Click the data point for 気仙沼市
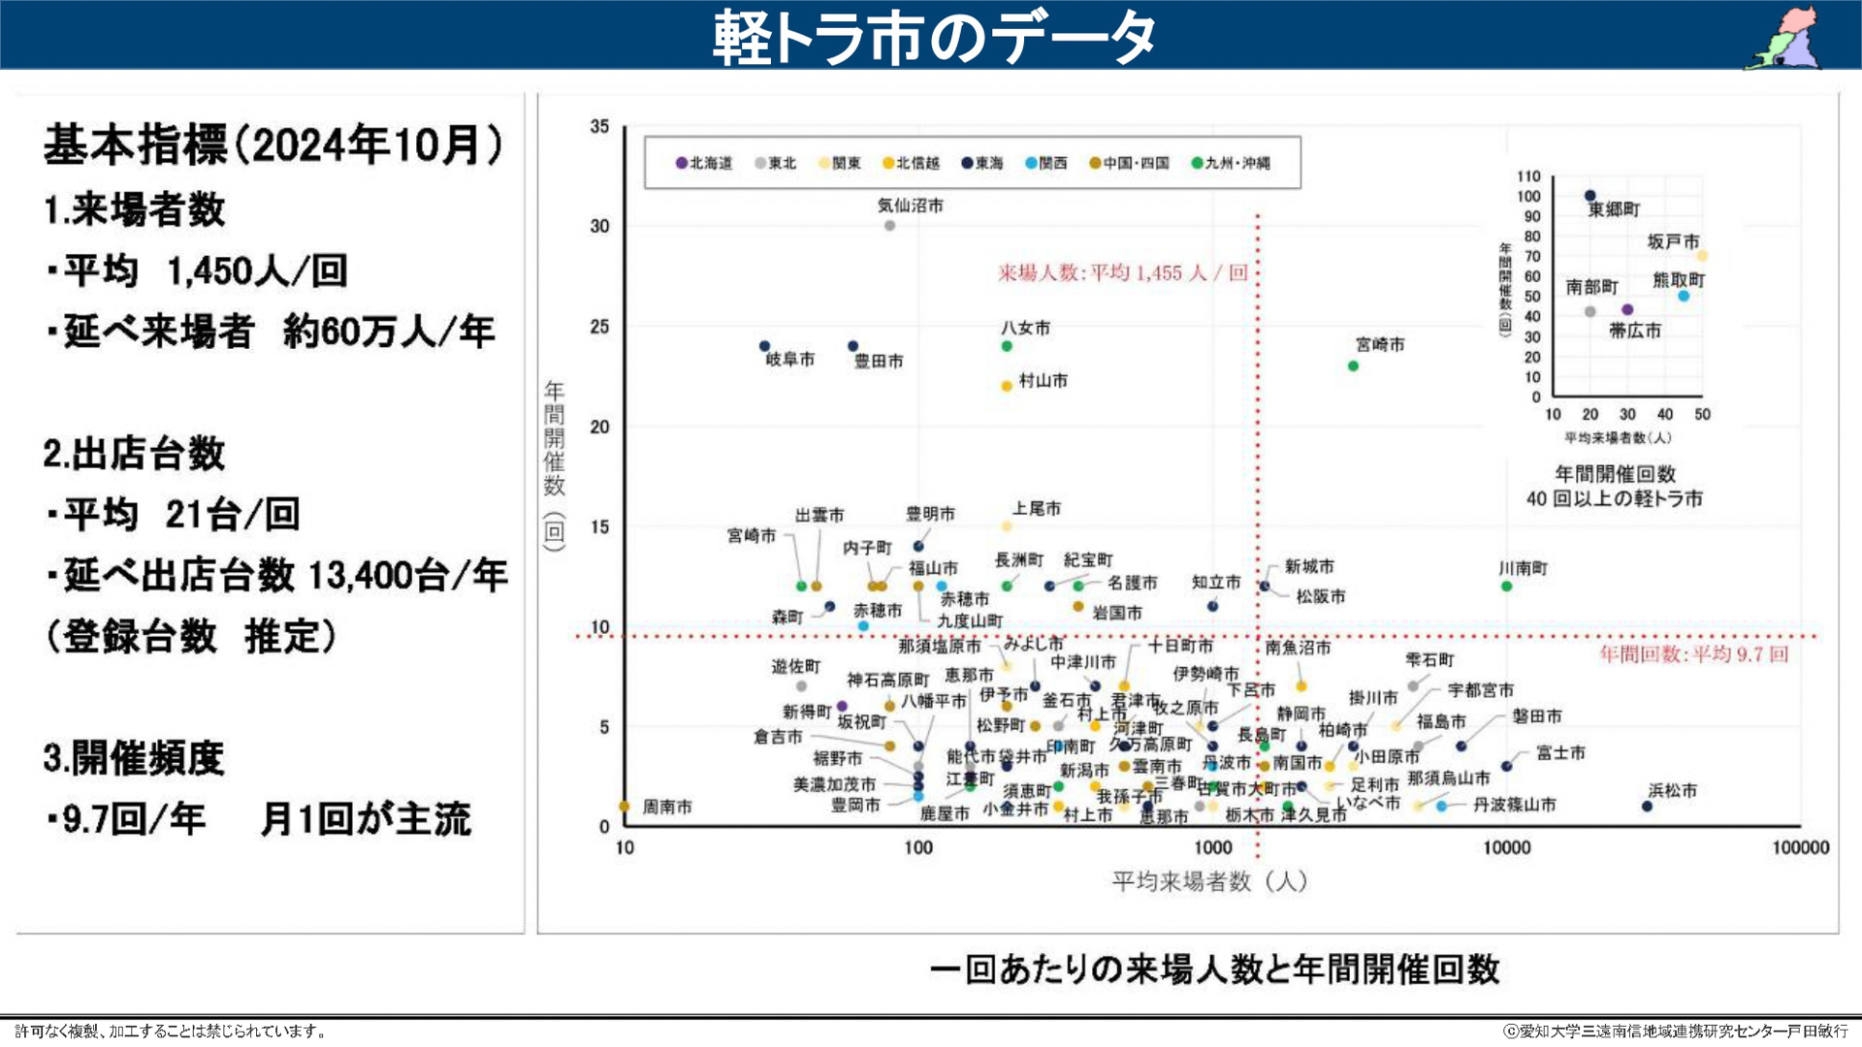click(x=889, y=226)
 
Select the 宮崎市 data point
click(x=1353, y=366)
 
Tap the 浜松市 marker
click(x=1647, y=807)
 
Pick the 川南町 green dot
click(x=1506, y=587)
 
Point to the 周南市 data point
click(x=625, y=807)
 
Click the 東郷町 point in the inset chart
click(x=1589, y=196)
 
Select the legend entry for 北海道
click(x=705, y=163)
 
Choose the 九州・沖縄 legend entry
click(x=1231, y=163)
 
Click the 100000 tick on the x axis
click(x=1800, y=848)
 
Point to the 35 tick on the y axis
click(x=599, y=126)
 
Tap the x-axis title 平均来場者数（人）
click(x=1209, y=881)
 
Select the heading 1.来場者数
click(x=135, y=209)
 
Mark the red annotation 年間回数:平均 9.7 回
click(x=1692, y=654)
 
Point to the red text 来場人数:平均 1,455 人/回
click(x=1122, y=273)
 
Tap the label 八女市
click(x=1025, y=329)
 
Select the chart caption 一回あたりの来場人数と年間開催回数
click(x=1214, y=968)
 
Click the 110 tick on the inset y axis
click(x=1528, y=176)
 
